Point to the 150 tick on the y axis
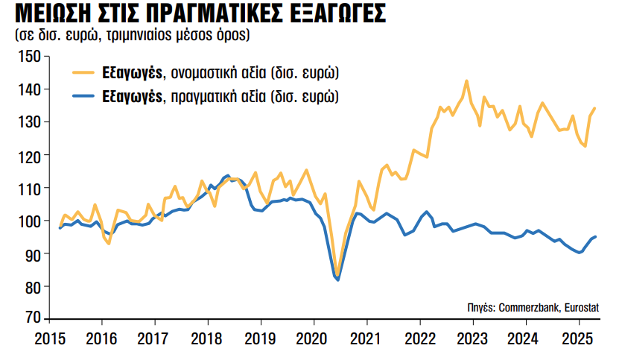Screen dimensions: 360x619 tap(31, 57)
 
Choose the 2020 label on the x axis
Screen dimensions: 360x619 tap(313, 338)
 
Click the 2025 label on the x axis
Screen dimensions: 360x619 tap(577, 338)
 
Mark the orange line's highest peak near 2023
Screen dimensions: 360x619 tap(466, 80)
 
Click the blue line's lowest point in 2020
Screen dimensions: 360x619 tap(338, 280)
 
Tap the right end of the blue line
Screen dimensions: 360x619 tap(595, 236)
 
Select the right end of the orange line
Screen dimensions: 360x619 tap(594, 109)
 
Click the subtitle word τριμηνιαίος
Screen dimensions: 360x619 tap(157, 35)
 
